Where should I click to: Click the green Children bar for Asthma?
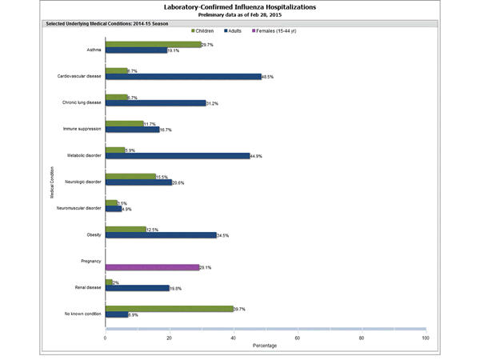(x=153, y=45)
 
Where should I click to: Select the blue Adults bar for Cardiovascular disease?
(x=183, y=77)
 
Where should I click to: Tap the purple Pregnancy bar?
(x=152, y=267)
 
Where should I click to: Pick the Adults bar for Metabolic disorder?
(x=177, y=156)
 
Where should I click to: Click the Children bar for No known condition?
(x=169, y=307)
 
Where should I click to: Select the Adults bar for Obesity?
(x=160, y=235)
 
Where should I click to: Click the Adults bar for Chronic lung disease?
(x=155, y=102)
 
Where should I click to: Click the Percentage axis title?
(x=266, y=346)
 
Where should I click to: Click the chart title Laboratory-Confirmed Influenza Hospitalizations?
(x=240, y=6)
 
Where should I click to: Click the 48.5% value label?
(x=269, y=77)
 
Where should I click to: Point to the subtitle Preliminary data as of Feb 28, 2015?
(x=240, y=14)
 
